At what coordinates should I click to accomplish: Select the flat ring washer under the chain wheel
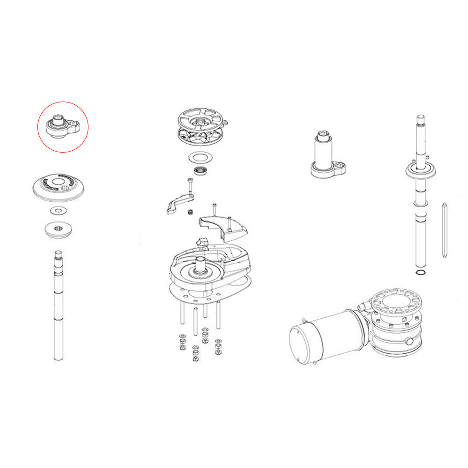coord(201,157)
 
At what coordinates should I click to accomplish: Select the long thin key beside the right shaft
coord(443,229)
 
